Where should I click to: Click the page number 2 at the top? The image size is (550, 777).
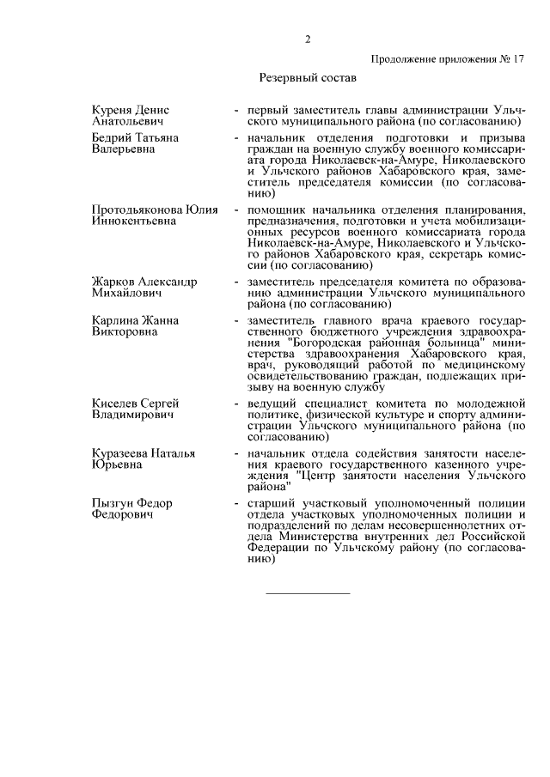(307, 38)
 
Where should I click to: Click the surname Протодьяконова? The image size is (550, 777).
(131, 209)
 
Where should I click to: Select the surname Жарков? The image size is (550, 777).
(113, 282)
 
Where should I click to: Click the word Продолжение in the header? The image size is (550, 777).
(407, 60)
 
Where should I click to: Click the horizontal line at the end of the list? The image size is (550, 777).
(308, 593)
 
